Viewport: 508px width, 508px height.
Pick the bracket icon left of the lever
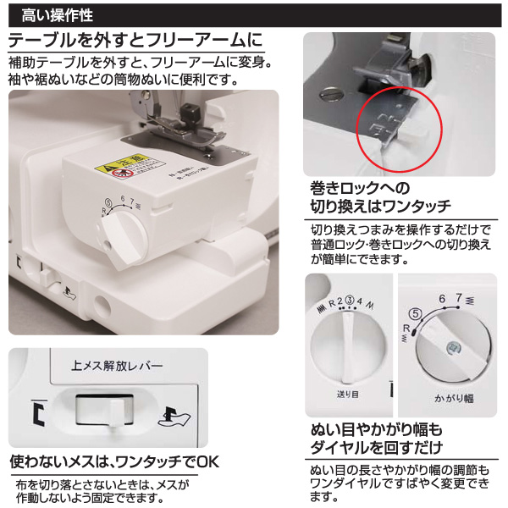click(37, 414)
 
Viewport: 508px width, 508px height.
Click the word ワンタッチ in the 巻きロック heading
click(417, 207)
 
